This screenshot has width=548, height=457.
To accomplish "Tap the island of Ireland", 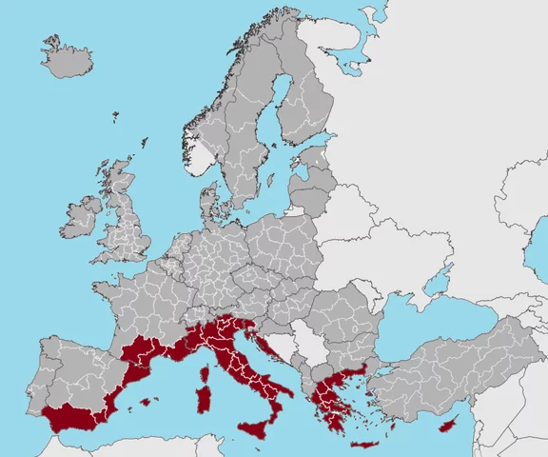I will (82, 216).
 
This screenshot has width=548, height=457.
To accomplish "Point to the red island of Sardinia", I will (203, 400).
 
